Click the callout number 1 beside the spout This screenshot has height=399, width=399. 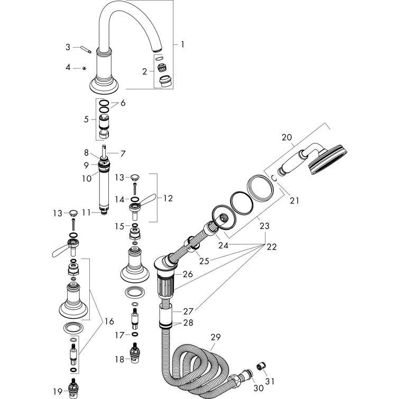pos(182,45)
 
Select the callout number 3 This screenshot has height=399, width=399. pos(68,47)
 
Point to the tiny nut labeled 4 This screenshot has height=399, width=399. pos(85,68)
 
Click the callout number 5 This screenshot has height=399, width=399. pos(86,119)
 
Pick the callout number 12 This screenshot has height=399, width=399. pos(168,198)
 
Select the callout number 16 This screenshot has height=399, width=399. pos(109,321)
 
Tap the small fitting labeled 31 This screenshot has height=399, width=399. pos(261,366)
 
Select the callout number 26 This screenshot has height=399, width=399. pos(188,274)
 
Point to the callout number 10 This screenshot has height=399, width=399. pos(86,179)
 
